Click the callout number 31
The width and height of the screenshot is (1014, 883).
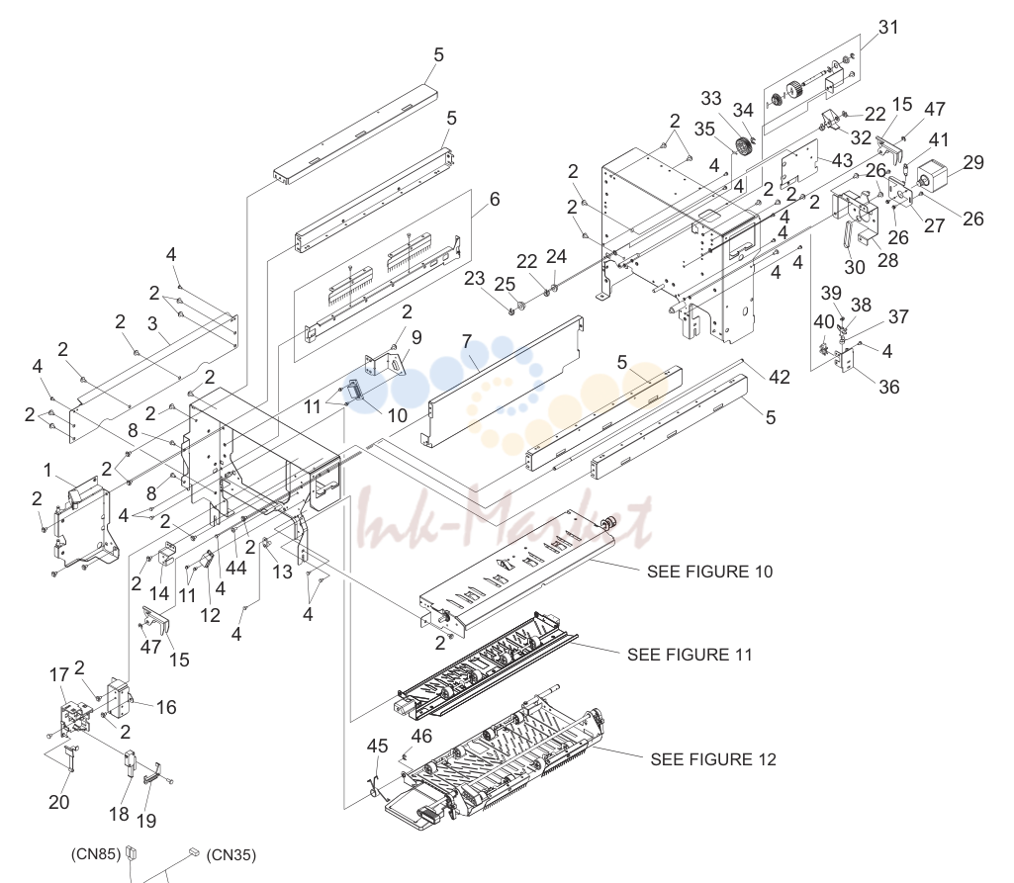(x=888, y=27)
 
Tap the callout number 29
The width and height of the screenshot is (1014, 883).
(x=973, y=162)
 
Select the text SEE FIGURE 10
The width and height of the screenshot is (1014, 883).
(x=709, y=572)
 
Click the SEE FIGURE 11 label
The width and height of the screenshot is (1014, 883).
(x=690, y=655)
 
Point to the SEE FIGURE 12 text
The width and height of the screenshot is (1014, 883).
(x=713, y=759)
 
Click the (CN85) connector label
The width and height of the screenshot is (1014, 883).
(x=96, y=854)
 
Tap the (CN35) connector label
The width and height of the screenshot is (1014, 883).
(x=230, y=855)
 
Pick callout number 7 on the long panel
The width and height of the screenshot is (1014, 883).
(x=467, y=341)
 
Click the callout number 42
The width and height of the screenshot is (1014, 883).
(x=780, y=377)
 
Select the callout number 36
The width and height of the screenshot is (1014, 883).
(x=888, y=387)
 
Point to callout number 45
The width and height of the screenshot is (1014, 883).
(x=377, y=746)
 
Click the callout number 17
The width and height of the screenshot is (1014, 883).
(x=58, y=674)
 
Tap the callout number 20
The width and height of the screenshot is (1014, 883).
(x=58, y=802)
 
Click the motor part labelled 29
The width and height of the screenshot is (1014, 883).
(x=932, y=177)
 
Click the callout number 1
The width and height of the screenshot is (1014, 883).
(x=47, y=470)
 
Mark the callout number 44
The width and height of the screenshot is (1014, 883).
(x=236, y=568)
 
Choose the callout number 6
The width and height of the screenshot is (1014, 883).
(x=494, y=199)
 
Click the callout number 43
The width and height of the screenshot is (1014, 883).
(x=842, y=160)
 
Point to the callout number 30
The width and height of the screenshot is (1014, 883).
(x=855, y=267)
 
